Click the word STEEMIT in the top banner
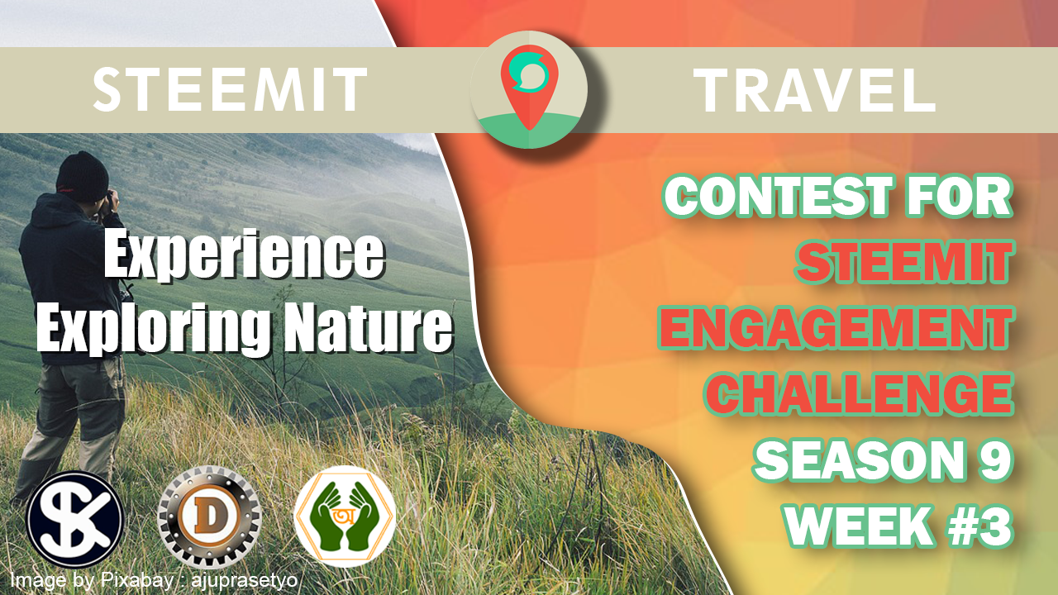[230, 89]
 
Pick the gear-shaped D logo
[209, 517]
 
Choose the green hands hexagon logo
[345, 516]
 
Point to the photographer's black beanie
[82, 177]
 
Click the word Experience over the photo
[244, 255]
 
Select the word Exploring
[154, 328]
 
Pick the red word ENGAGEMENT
[836, 327]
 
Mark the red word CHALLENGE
[859, 394]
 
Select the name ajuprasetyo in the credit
[244, 580]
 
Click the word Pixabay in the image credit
[136, 580]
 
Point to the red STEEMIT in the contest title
[904, 261]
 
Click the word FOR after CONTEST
[960, 195]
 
